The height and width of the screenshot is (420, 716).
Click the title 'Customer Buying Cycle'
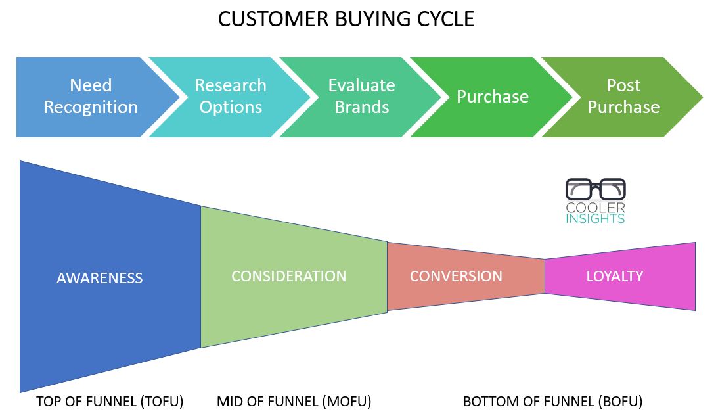point(346,19)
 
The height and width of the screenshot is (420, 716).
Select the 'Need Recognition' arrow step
point(91,97)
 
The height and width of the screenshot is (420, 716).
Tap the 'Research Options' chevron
point(231,97)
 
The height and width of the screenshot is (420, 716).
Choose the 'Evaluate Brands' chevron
point(362,97)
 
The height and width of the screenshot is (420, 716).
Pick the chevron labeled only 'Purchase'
point(493,97)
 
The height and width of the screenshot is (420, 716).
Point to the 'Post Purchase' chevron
point(623,97)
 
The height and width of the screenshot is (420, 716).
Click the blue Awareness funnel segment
point(110,277)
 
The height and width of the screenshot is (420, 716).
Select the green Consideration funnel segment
point(294,277)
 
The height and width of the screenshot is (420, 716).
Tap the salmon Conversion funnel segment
point(466,277)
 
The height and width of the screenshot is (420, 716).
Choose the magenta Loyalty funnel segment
point(620,277)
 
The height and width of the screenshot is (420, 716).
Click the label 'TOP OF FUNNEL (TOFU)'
point(110,401)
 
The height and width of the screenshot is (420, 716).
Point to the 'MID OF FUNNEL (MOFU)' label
point(294,401)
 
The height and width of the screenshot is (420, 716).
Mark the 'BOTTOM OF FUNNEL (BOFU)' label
point(552,401)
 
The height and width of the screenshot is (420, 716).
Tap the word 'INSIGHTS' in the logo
point(595,218)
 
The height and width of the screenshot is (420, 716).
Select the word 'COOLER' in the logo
point(595,208)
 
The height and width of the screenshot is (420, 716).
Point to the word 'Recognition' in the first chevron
point(91,107)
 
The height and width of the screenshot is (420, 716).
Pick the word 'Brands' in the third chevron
point(362,107)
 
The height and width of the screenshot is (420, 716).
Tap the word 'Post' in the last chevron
point(623,85)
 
